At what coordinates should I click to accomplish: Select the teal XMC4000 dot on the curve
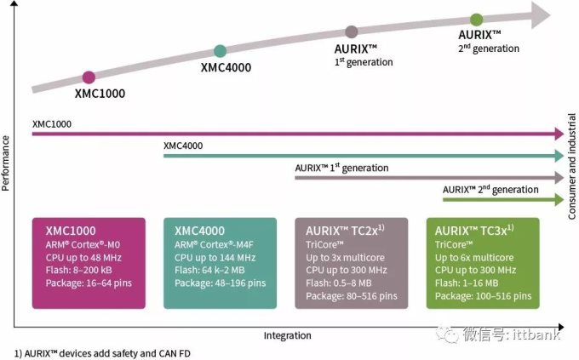tap(220, 51)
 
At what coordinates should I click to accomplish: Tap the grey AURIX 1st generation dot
tap(352, 31)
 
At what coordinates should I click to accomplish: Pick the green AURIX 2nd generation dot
tap(476, 20)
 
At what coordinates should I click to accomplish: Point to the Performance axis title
tap(8, 163)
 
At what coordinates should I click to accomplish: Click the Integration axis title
tap(286, 334)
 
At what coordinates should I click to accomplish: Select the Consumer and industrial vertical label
tap(572, 170)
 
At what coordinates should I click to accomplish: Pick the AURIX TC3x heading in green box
tap(471, 231)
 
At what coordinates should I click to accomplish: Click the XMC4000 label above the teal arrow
tap(183, 146)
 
